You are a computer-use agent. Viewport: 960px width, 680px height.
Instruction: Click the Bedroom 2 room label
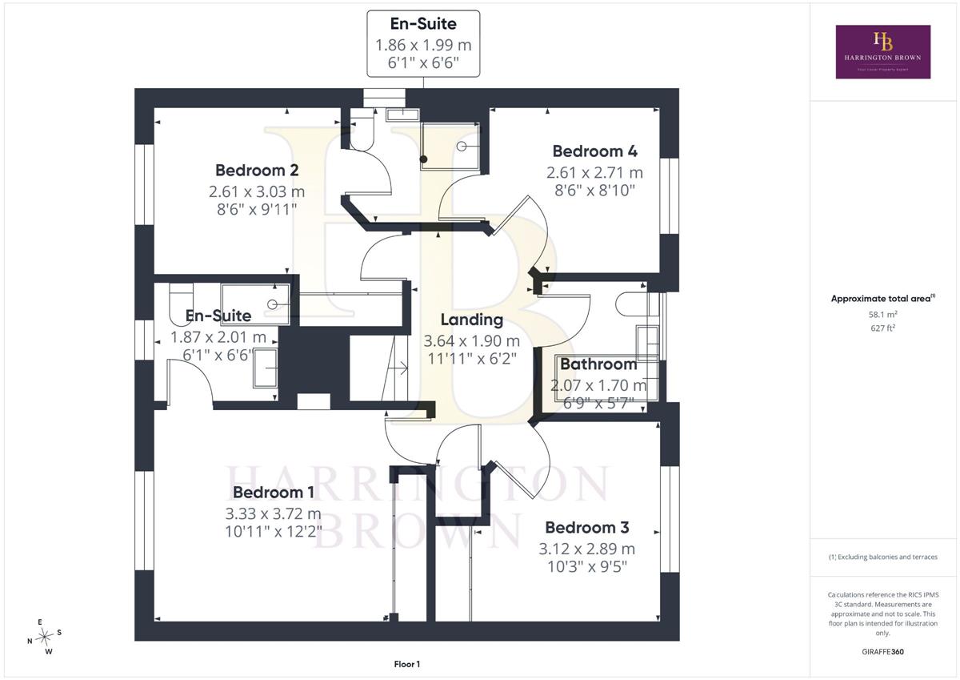click(x=257, y=171)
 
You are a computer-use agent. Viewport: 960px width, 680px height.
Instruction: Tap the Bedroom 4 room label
click(x=595, y=151)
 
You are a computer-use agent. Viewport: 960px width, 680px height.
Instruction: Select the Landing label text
click(x=472, y=320)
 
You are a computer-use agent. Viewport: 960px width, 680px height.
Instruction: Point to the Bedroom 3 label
click(x=587, y=528)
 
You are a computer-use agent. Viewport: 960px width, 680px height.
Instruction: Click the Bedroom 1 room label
click(x=274, y=493)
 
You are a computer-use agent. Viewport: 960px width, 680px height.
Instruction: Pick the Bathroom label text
click(x=598, y=364)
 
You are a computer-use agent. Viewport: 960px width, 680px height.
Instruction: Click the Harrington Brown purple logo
click(x=883, y=52)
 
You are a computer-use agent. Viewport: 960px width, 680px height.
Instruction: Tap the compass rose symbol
click(x=44, y=637)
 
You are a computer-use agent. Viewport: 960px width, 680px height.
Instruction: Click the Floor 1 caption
click(x=407, y=664)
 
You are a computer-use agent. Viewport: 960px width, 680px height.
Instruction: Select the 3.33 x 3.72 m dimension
click(x=274, y=513)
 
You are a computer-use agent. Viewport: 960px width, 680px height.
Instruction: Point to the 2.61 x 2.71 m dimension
click(x=595, y=172)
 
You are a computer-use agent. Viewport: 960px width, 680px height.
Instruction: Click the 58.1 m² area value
click(x=883, y=314)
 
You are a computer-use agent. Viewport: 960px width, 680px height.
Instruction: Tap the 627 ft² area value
click(x=883, y=328)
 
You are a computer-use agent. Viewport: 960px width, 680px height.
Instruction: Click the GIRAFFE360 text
click(x=883, y=652)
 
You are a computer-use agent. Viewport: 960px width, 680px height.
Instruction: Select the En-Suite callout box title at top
click(x=423, y=23)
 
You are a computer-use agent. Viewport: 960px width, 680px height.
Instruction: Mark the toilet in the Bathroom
click(x=632, y=304)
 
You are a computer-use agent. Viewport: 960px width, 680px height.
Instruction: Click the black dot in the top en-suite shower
click(x=423, y=159)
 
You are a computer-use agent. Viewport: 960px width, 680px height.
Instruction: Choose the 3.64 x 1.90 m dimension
click(x=472, y=341)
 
